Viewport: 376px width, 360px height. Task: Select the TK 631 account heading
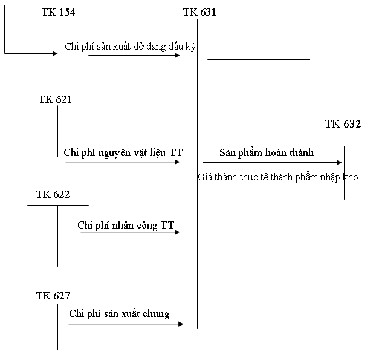[x=199, y=12]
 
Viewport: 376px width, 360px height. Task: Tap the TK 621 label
[x=55, y=99]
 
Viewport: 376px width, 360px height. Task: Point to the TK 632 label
[x=343, y=124]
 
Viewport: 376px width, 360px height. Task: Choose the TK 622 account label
[x=53, y=194]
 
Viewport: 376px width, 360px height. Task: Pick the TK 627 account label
[x=53, y=296]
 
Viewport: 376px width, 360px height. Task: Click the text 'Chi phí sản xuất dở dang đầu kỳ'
[x=131, y=46]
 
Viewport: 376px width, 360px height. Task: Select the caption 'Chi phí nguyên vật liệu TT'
[x=123, y=152]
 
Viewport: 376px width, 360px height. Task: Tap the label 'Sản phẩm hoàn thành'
[x=267, y=152]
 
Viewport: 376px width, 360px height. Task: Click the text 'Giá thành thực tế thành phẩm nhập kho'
[x=278, y=177]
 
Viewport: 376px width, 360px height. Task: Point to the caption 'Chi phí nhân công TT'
[x=126, y=225]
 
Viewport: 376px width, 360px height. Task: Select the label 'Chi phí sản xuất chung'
[x=119, y=313]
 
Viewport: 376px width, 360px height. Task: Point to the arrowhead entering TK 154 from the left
[x=54, y=53]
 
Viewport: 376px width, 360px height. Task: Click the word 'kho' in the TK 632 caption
[x=350, y=177]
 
